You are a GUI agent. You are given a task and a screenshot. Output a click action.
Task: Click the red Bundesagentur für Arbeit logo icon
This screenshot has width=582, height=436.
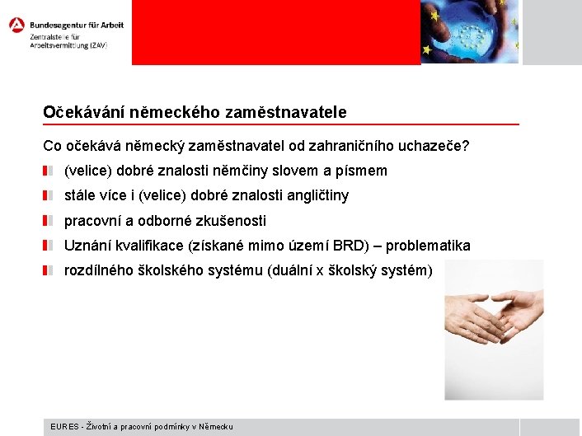(16, 25)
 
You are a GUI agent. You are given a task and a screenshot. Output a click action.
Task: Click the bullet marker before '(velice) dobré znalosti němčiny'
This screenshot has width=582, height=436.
(49, 171)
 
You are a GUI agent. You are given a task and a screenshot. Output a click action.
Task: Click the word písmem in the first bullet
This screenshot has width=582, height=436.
(363, 171)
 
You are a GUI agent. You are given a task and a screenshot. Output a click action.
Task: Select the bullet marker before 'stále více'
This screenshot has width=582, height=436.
(49, 196)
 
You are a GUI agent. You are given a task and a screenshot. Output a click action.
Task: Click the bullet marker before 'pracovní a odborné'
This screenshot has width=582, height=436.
(49, 221)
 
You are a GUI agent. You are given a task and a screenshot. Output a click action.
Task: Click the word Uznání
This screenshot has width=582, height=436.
(86, 246)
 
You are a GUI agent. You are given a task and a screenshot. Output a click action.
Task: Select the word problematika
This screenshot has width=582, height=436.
(428, 246)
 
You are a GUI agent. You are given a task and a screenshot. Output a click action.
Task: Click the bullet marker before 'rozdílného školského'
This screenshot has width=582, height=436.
(49, 270)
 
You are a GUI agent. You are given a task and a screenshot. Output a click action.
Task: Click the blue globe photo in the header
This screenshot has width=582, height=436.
(469, 31)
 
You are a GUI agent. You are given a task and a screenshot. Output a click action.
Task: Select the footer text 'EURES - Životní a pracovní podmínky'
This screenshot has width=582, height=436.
(141, 426)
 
